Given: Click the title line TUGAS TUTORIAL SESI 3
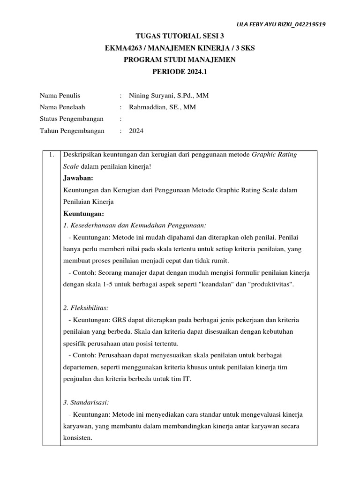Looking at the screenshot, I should coord(180,36).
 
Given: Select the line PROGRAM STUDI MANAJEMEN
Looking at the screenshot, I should coord(180,60).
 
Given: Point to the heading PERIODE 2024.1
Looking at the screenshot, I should coord(180,72).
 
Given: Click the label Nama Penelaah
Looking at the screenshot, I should coord(63,107).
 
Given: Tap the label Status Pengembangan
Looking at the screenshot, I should coord(72,119).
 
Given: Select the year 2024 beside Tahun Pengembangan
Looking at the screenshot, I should coord(136,131).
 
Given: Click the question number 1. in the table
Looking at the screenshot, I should coord(51,155).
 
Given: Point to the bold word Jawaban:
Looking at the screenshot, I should coord(78,178).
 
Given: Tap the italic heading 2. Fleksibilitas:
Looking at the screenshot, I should coord(86,308).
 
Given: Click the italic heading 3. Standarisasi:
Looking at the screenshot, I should coord(85,403).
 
